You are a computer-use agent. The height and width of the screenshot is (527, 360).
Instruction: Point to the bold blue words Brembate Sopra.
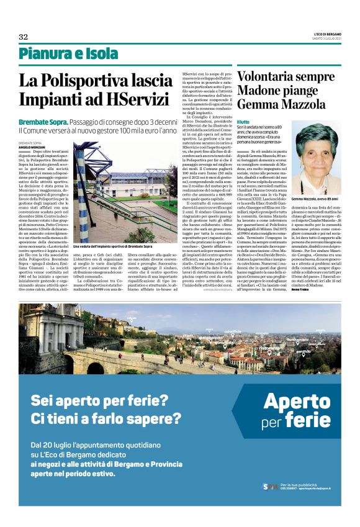[x=43, y=122]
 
